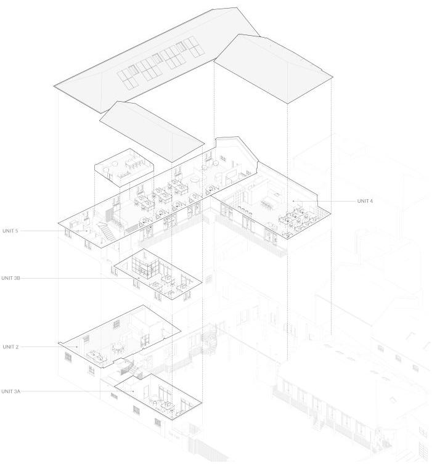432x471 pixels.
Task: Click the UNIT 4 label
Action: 365,201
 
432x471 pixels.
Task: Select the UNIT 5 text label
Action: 10,231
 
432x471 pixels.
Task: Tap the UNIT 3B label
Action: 11,278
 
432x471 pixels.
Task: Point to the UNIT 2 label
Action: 10,347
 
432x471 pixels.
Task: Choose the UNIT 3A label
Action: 11,391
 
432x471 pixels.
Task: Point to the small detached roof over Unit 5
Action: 151,128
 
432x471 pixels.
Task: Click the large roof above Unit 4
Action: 274,69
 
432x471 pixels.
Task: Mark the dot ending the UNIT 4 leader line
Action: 293,201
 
